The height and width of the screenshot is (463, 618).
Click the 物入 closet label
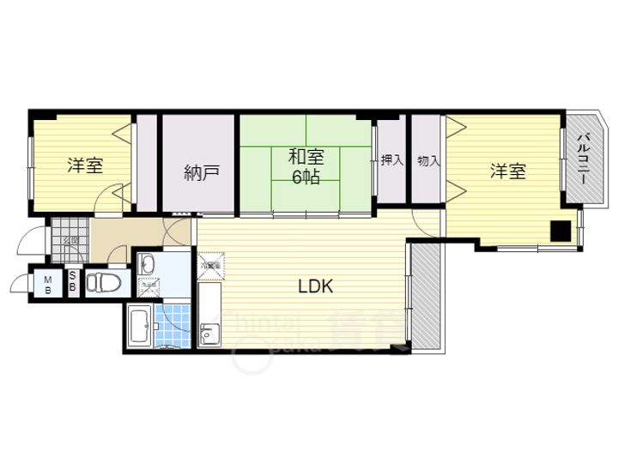pyautogui.click(x=427, y=159)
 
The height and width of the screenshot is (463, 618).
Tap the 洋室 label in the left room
pyautogui.click(x=85, y=165)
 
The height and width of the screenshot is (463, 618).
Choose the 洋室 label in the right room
pyautogui.click(x=507, y=171)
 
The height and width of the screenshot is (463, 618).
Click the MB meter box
pyautogui.click(x=48, y=284)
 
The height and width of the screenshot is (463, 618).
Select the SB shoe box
pyautogui.click(x=73, y=282)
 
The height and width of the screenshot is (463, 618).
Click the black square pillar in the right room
pyautogui.click(x=560, y=231)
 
